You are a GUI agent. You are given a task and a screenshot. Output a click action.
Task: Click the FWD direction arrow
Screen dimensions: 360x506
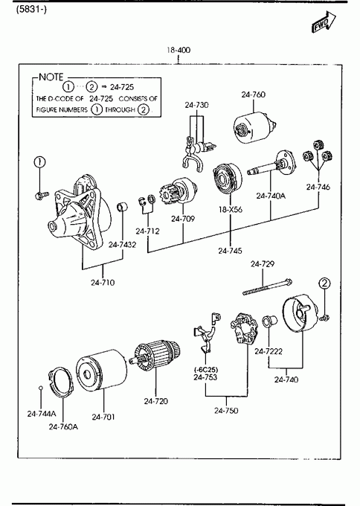[324, 22]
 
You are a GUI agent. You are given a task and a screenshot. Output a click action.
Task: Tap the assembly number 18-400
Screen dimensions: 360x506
[179, 50]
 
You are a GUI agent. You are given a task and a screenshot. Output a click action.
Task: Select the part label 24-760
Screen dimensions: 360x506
[253, 95]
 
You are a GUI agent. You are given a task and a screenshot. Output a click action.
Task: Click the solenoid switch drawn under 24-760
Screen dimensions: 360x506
[255, 128]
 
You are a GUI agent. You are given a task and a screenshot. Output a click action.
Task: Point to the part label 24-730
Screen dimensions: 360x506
[196, 105]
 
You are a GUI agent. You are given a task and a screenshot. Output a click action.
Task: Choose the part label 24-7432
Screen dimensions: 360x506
[122, 245]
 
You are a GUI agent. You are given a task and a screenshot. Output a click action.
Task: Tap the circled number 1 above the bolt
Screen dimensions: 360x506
[39, 162]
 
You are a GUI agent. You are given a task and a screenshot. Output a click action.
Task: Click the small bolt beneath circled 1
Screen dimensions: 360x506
[42, 195]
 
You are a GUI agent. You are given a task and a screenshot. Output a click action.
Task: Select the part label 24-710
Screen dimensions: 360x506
[103, 283]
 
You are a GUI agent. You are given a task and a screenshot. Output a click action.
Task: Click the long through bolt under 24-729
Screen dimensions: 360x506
[268, 287]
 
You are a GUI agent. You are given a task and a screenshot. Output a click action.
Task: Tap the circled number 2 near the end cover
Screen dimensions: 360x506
[324, 284]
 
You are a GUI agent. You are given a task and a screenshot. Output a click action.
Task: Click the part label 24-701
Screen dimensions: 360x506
[103, 417]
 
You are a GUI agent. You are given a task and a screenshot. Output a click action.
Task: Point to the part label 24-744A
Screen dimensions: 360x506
[42, 414]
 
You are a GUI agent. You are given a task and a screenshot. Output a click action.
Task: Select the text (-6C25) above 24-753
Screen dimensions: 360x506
[206, 370]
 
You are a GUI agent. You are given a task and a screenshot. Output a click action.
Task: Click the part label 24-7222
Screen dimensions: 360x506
[269, 351]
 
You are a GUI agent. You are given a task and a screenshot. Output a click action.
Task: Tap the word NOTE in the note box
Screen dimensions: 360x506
[51, 77]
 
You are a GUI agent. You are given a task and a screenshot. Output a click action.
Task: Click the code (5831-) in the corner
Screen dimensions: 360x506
[31, 10]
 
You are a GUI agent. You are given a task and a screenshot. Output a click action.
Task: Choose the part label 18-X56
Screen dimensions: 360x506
[231, 209]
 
